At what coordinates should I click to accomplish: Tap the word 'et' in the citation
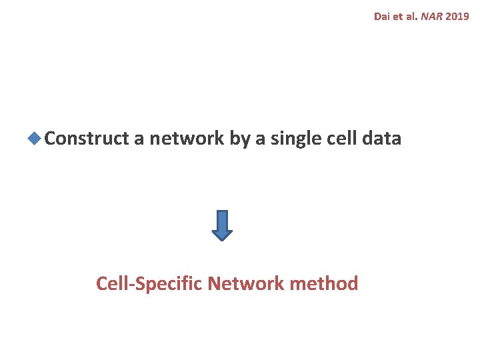point(399,16)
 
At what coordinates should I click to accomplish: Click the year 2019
point(458,16)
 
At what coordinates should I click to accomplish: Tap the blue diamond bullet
point(35,139)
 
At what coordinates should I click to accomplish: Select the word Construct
point(87,139)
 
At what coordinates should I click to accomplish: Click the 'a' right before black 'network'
point(139,139)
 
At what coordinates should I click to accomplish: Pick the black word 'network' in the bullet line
point(187,139)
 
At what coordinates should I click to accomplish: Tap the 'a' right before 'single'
point(263,139)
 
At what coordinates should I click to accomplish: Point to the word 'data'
point(382,139)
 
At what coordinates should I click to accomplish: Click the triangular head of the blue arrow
point(222,234)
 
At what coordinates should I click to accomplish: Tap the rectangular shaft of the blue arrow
point(222,219)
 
